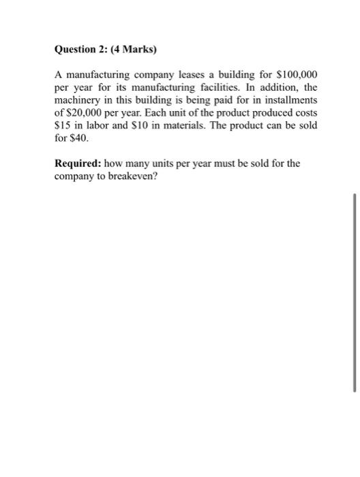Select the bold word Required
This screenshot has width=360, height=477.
[78, 164]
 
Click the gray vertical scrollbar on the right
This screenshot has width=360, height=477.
[355, 292]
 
